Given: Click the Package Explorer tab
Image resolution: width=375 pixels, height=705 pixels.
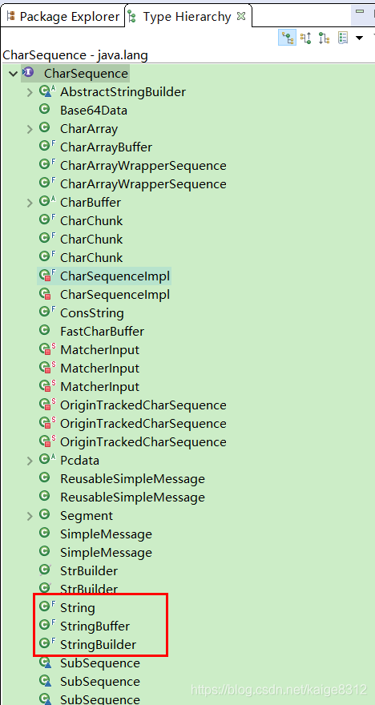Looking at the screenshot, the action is click(x=63, y=17).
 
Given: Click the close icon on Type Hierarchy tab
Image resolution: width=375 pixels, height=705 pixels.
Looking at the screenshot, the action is click(x=241, y=16).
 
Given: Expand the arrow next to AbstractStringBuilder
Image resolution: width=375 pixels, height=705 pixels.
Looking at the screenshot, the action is click(x=30, y=92).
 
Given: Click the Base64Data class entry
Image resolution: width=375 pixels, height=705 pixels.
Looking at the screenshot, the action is click(x=94, y=111).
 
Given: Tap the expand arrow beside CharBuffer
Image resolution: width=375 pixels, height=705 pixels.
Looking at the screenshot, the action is click(x=30, y=203).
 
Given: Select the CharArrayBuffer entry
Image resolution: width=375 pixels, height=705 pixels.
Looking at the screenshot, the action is click(x=106, y=147).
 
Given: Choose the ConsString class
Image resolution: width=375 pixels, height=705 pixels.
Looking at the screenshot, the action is click(x=91, y=313).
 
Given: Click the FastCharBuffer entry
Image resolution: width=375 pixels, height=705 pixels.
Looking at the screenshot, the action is click(x=102, y=332).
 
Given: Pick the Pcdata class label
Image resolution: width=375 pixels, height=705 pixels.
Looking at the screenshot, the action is click(x=79, y=461).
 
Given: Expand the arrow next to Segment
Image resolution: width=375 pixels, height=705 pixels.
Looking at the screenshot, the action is click(x=30, y=516).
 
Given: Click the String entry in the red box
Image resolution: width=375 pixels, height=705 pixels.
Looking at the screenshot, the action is click(x=78, y=608).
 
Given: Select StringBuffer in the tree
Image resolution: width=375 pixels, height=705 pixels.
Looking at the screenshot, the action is click(x=95, y=626).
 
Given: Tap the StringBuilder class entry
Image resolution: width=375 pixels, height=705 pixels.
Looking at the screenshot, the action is click(x=98, y=645).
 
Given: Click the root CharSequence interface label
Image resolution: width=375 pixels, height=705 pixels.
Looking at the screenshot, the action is click(x=86, y=74).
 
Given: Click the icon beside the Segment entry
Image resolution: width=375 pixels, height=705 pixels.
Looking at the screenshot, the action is click(x=44, y=515).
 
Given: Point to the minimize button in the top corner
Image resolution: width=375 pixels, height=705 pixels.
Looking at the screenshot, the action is click(x=359, y=12).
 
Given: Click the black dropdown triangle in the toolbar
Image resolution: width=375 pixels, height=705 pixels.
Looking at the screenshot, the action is click(x=359, y=38).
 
